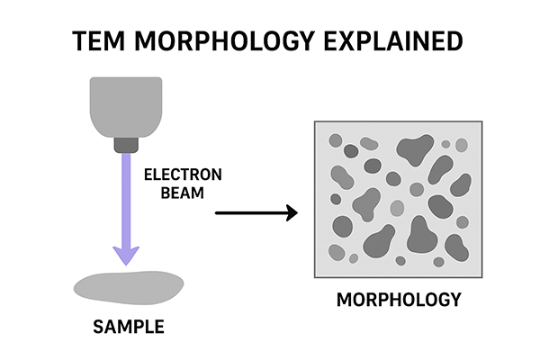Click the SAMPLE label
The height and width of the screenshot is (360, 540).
click(x=128, y=326)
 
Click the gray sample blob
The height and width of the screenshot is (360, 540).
click(x=126, y=287)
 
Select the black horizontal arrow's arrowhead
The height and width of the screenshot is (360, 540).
click(x=290, y=213)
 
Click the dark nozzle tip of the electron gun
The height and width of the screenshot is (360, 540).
click(x=126, y=144)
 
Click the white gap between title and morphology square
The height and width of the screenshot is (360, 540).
click(x=396, y=90)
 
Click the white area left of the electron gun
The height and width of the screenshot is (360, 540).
click(x=45, y=108)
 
